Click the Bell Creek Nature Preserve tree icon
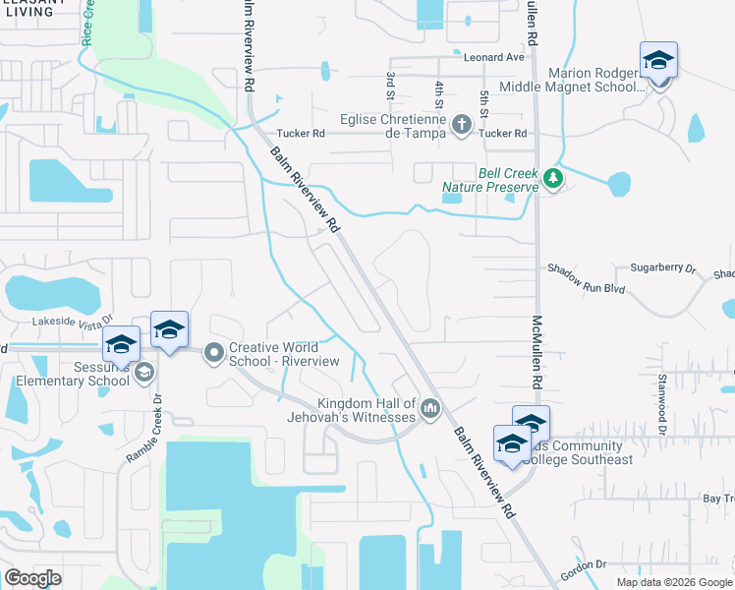[552, 179]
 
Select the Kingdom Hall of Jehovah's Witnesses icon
[429, 409]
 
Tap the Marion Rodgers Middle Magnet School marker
[658, 61]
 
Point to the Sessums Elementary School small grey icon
[144, 372]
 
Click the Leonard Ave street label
[493, 58]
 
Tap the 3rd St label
[390, 86]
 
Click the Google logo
[33, 578]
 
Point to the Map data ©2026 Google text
[673, 582]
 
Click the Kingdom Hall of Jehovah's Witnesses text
[366, 411]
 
